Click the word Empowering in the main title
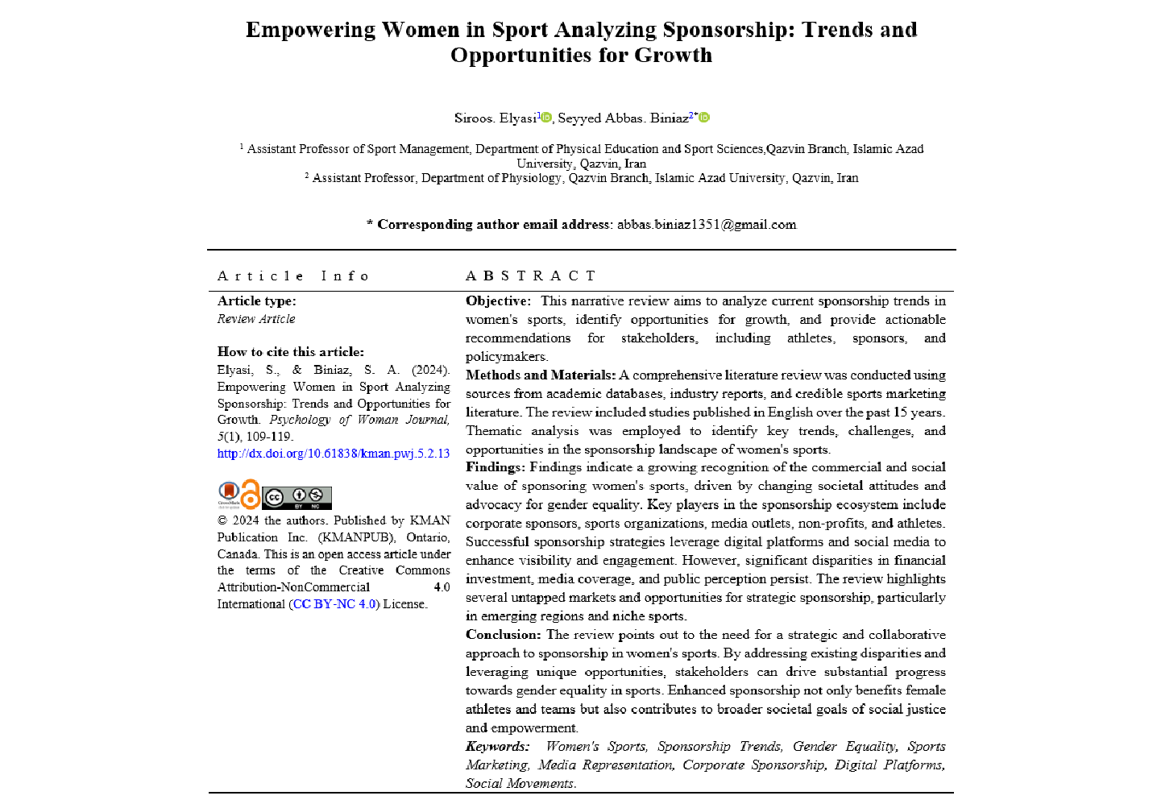(310, 30)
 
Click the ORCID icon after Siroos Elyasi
(546, 118)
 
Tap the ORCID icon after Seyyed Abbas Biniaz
(704, 118)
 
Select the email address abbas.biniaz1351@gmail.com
(707, 225)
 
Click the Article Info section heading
(292, 276)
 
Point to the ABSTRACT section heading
(530, 276)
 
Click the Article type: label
(256, 301)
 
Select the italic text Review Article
(256, 319)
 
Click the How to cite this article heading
(290, 352)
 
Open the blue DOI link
(333, 454)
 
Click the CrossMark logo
(229, 494)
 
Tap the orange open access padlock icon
(251, 495)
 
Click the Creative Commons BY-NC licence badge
(297, 498)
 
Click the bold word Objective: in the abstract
(498, 301)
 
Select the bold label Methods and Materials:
(541, 375)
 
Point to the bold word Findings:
(495, 467)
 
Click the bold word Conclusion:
(503, 635)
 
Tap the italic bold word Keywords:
(497, 747)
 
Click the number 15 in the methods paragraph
(900, 412)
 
